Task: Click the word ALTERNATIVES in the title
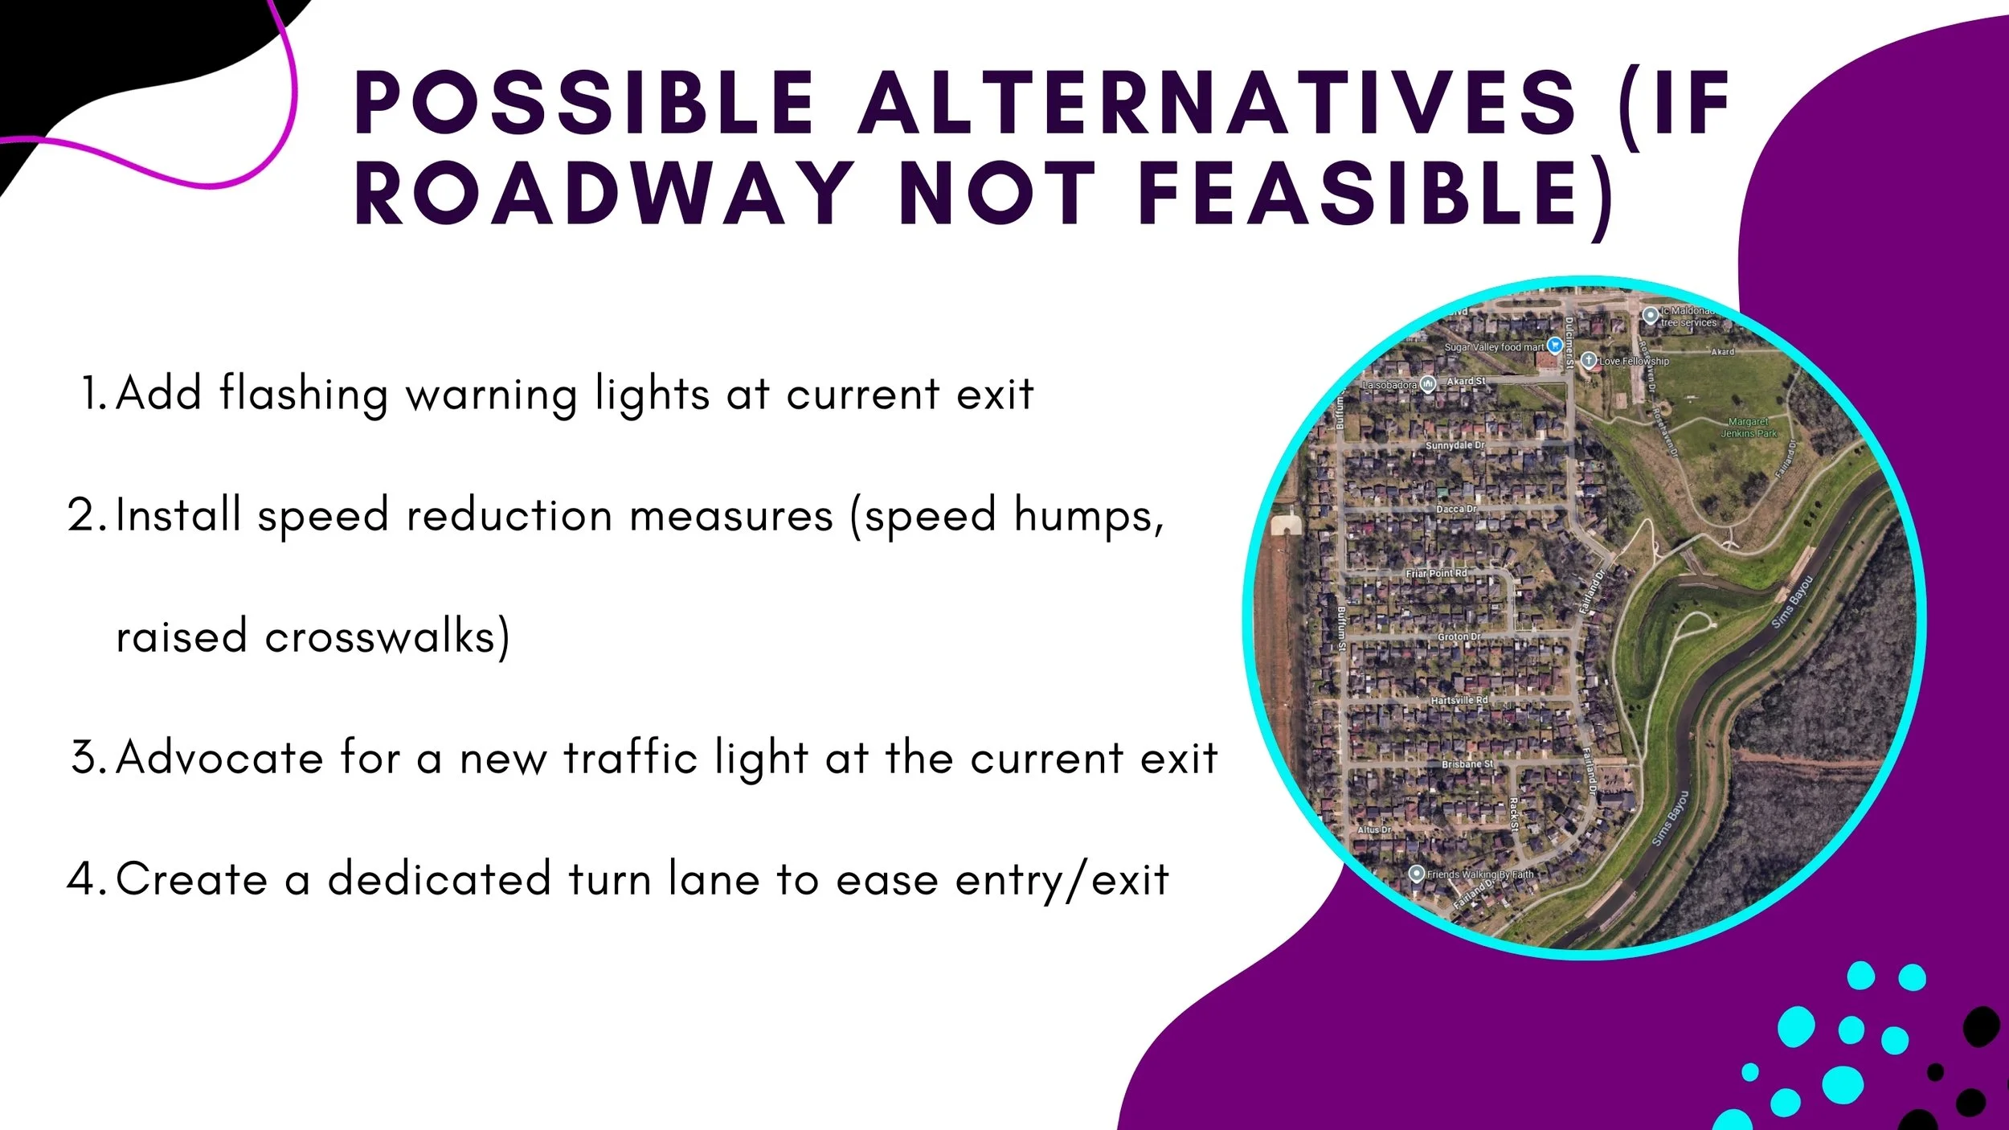pos(1217,104)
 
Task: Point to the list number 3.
pos(88,758)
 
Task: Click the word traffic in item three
pos(630,758)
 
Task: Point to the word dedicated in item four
pos(439,879)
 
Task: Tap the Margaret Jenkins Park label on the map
pos(1749,428)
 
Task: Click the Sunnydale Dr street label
pos(1455,445)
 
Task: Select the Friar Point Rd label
pos(1435,574)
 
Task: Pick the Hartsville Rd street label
pos(1459,701)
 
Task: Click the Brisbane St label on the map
pos(1467,764)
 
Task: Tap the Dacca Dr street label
pos(1456,510)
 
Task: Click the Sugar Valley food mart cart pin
pos(1555,346)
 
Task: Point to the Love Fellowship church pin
pos(1588,360)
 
